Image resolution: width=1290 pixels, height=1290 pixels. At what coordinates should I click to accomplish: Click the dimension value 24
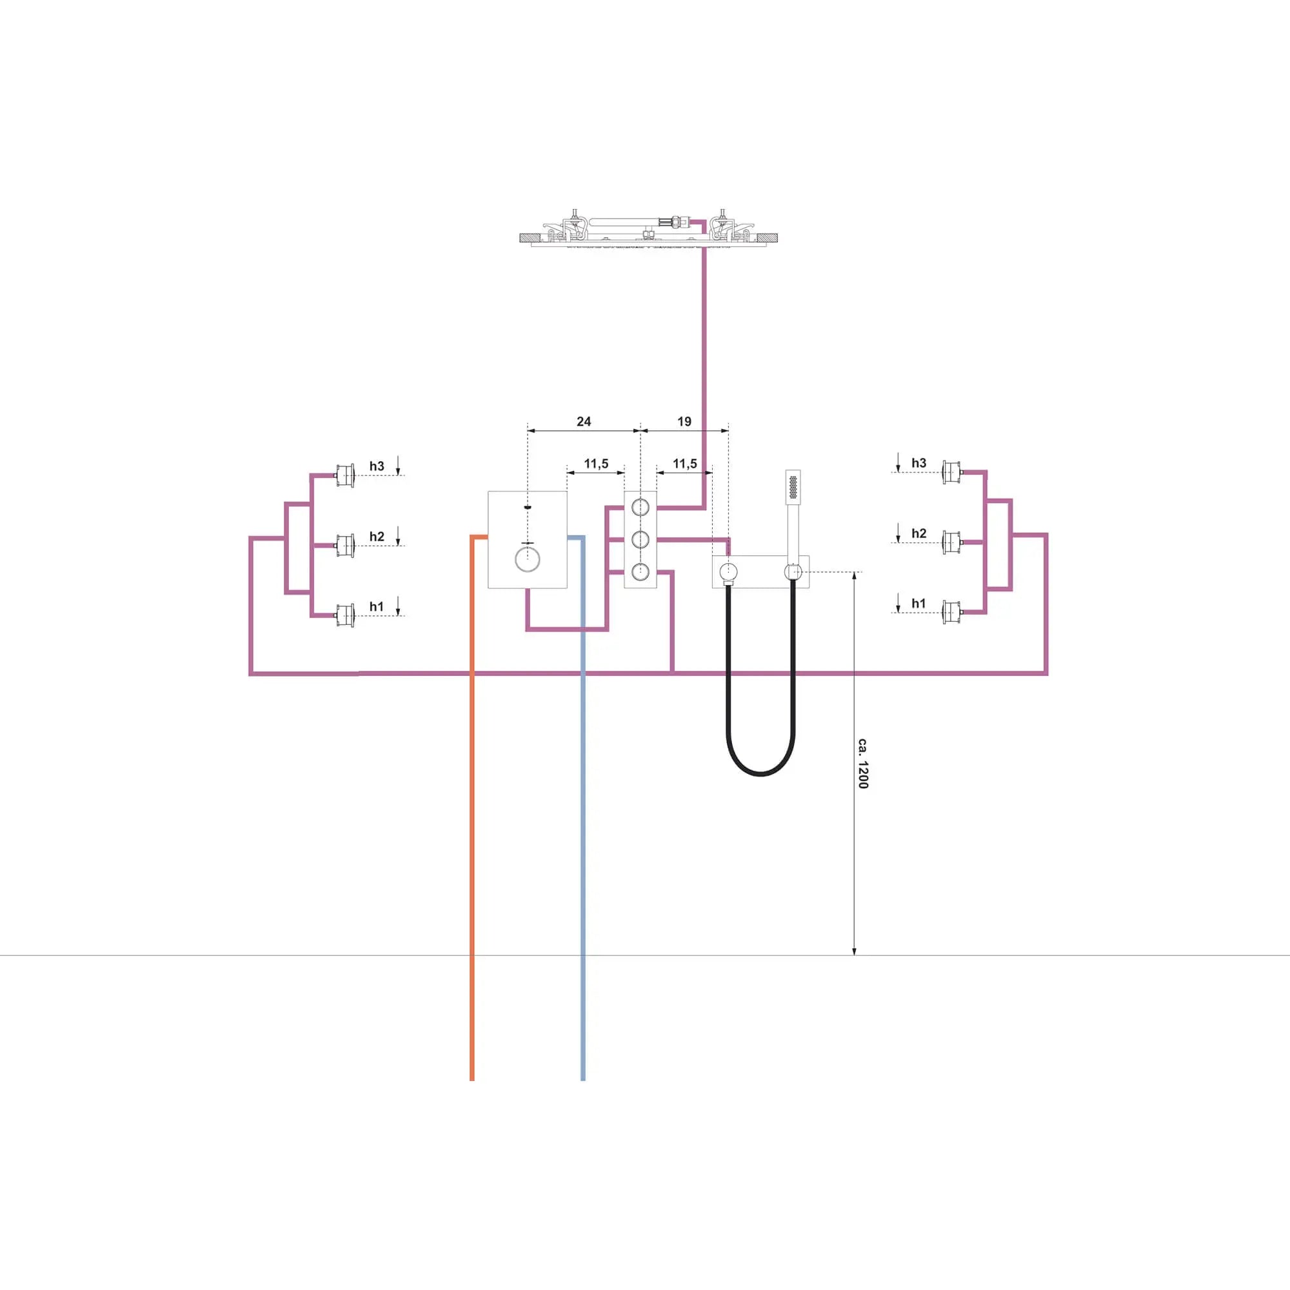[x=584, y=421]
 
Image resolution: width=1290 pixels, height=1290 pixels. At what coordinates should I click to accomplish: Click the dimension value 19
[x=684, y=421]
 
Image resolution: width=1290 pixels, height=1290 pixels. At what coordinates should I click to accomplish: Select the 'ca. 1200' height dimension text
[x=862, y=763]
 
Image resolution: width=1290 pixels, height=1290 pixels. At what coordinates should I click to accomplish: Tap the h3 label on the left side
[x=377, y=466]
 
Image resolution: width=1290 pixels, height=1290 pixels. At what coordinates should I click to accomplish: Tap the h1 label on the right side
[x=918, y=604]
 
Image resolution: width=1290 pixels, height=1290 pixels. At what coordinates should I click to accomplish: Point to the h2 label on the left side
[x=377, y=537]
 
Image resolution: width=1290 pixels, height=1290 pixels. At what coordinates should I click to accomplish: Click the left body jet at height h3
[x=344, y=475]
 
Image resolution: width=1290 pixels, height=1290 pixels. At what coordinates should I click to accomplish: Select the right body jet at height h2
[x=951, y=542]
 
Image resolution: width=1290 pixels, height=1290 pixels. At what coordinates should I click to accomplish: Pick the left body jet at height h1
[x=344, y=615]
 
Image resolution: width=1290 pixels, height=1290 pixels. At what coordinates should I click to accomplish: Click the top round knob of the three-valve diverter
[x=640, y=508]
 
